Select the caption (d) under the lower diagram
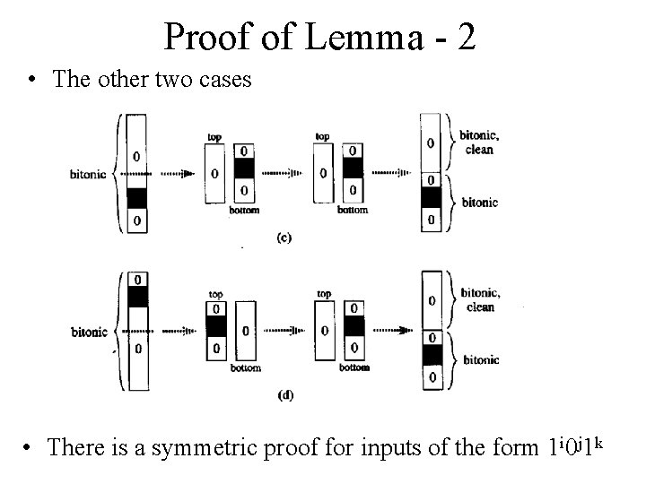point(284,395)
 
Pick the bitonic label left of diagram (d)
point(90,332)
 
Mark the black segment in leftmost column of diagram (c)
point(135,196)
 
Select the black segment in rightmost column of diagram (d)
point(432,355)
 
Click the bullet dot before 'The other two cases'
point(33,80)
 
